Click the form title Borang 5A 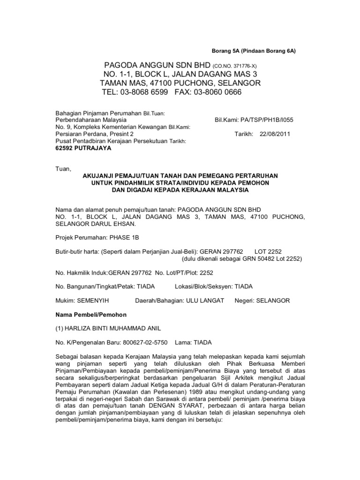pos(224,50)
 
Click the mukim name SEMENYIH pos(93,300)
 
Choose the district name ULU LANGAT pos(205,300)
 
